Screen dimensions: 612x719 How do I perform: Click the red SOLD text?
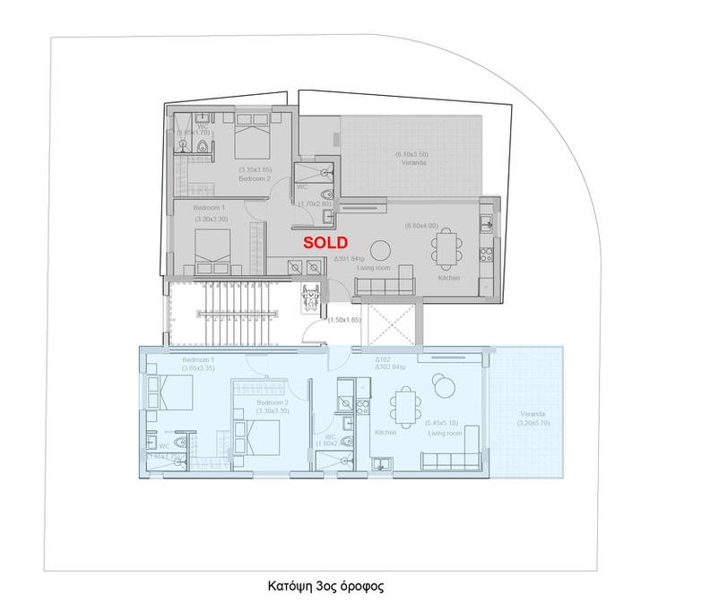coord(325,242)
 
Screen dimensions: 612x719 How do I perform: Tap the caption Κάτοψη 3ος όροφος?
coord(325,588)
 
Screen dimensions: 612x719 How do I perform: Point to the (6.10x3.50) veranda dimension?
coord(411,155)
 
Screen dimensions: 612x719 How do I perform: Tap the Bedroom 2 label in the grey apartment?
coord(254,178)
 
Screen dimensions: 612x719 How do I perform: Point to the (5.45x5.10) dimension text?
coord(442,423)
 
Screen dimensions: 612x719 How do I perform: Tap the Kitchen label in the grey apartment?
coord(449,278)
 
